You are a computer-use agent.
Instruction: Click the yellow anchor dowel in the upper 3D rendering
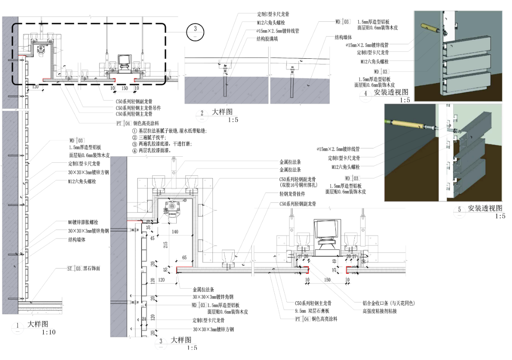click(x=431, y=28)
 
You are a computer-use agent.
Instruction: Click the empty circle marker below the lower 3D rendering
click(x=459, y=212)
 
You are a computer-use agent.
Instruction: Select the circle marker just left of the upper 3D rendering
click(x=365, y=96)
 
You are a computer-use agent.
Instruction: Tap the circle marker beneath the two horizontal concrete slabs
click(x=202, y=116)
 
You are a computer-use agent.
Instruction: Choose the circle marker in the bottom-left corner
click(x=17, y=328)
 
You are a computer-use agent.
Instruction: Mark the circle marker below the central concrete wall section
click(x=161, y=344)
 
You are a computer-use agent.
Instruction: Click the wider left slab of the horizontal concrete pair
click(x=226, y=91)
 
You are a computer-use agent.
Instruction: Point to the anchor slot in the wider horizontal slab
click(x=225, y=87)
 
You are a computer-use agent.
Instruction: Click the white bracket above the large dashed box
click(x=174, y=173)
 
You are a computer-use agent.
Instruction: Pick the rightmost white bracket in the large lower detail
click(x=363, y=231)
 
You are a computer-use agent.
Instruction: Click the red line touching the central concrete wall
click(x=135, y=222)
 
